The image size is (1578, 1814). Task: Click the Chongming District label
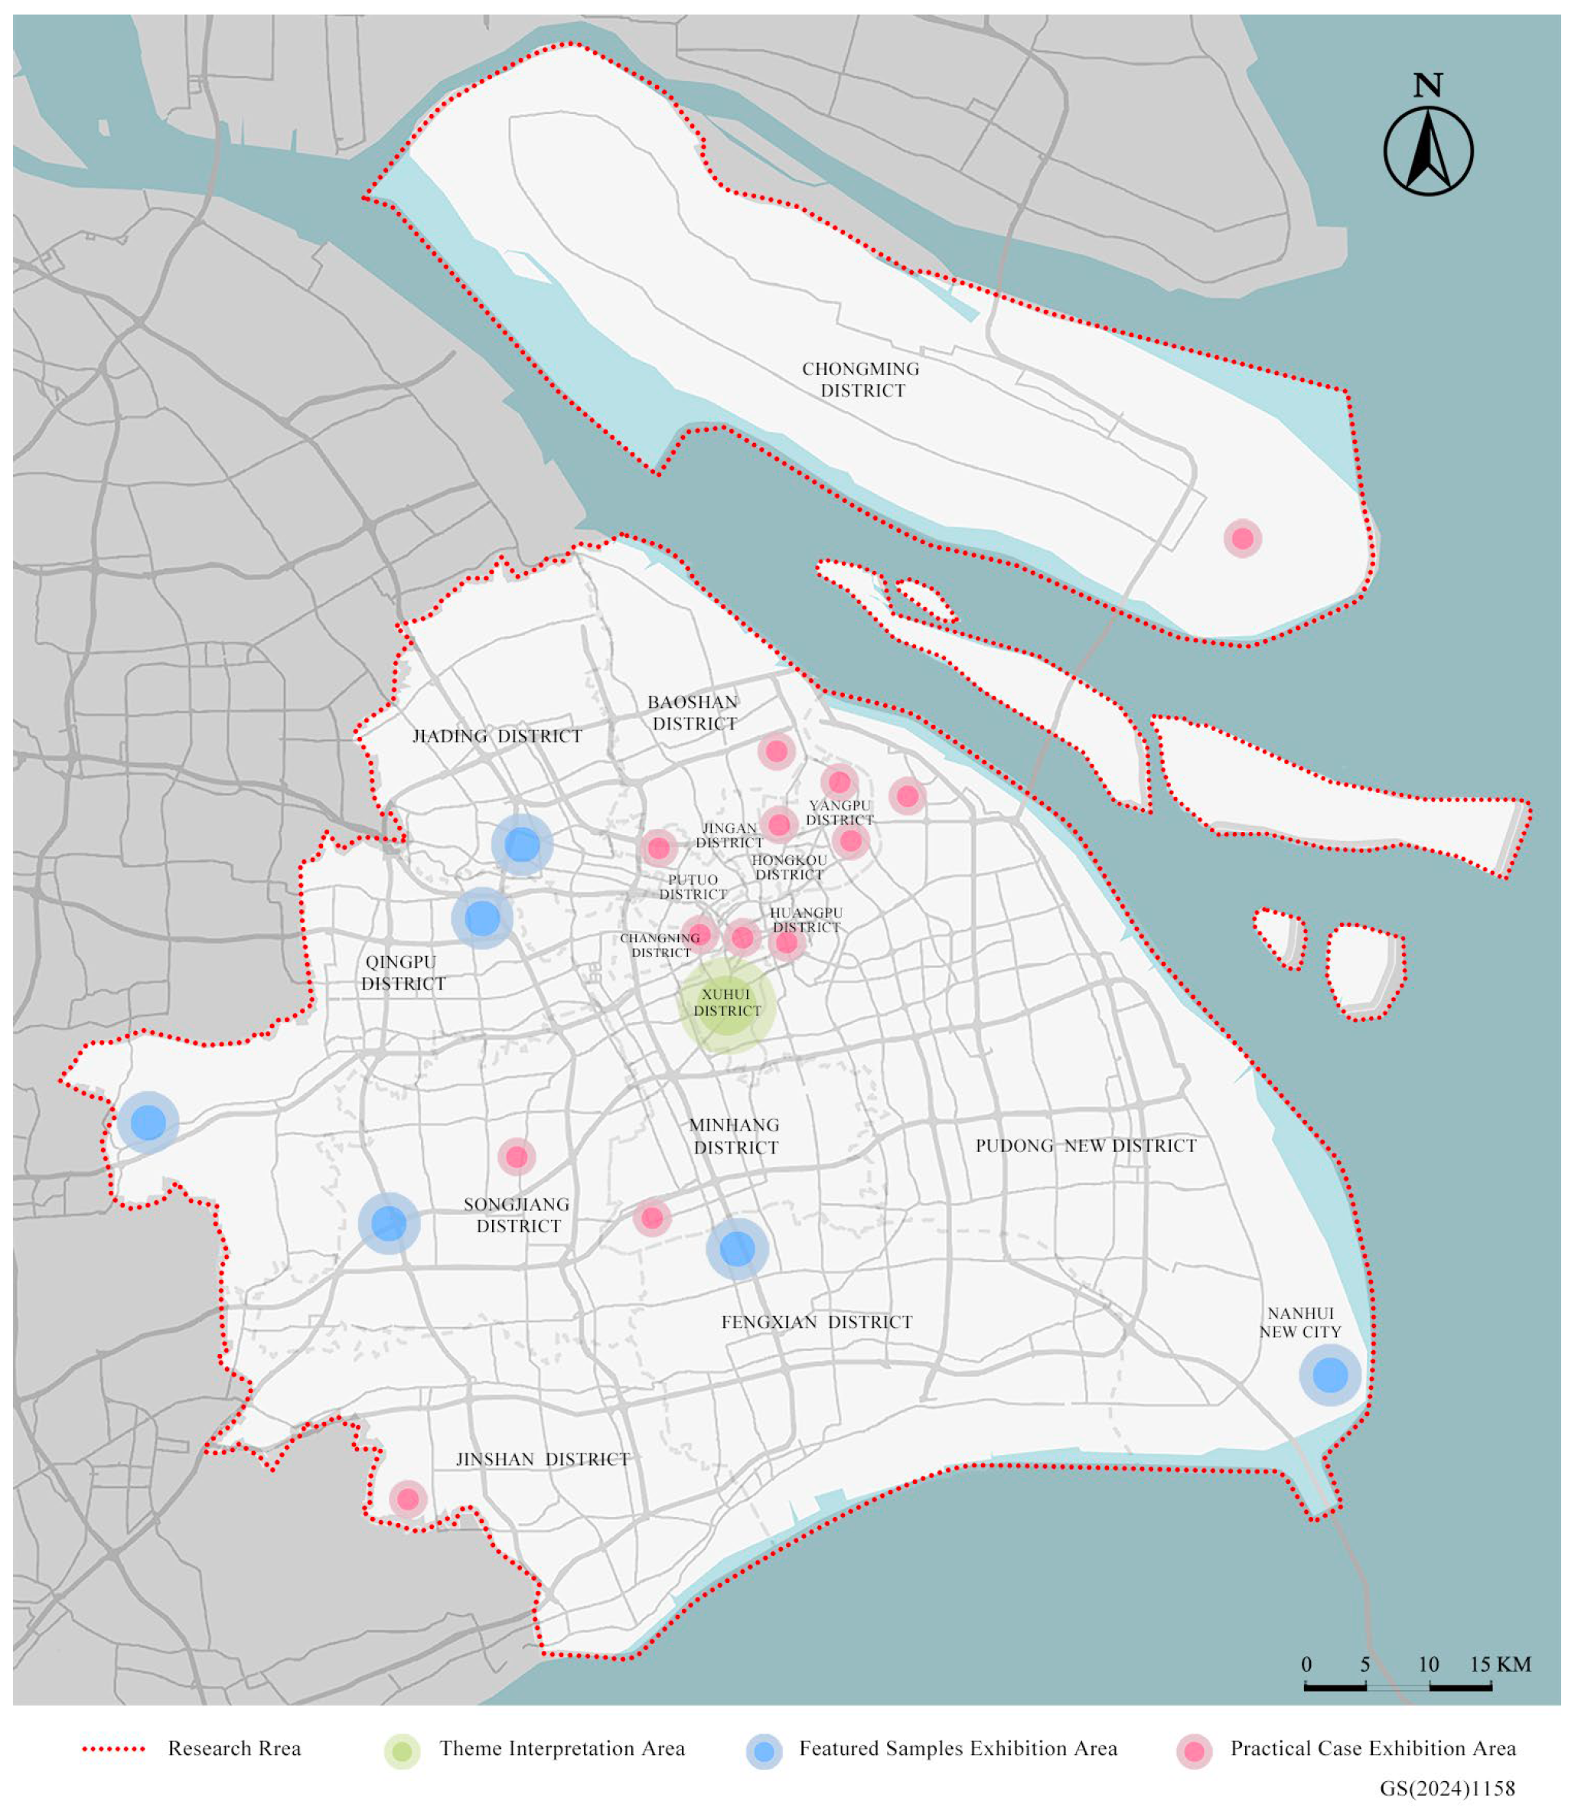[x=861, y=380]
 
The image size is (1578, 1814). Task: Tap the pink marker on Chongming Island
[x=1243, y=538]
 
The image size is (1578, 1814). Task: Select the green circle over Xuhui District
[x=726, y=1005]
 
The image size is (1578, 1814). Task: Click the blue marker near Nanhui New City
[x=1330, y=1375]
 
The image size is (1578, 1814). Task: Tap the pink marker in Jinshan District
[x=408, y=1498]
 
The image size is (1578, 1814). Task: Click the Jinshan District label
[x=543, y=1459]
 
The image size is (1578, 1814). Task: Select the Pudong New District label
[x=1086, y=1146]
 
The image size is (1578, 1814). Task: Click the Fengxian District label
[x=817, y=1322]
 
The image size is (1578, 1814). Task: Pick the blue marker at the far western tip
[x=148, y=1123]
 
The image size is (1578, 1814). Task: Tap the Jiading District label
[x=497, y=736]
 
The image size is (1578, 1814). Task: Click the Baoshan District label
[x=693, y=713]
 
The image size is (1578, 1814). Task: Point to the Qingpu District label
[x=403, y=972]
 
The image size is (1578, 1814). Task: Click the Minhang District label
[x=735, y=1136]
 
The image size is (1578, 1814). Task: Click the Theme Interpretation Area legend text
[x=562, y=1749]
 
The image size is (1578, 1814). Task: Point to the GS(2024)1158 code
[x=1447, y=1789]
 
